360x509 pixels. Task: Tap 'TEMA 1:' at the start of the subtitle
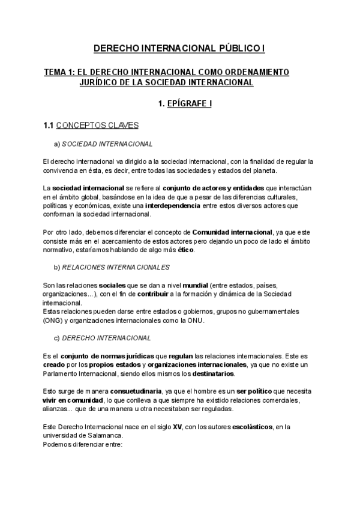pos(59,72)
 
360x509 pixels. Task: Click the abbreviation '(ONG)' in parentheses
pos(53,321)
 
